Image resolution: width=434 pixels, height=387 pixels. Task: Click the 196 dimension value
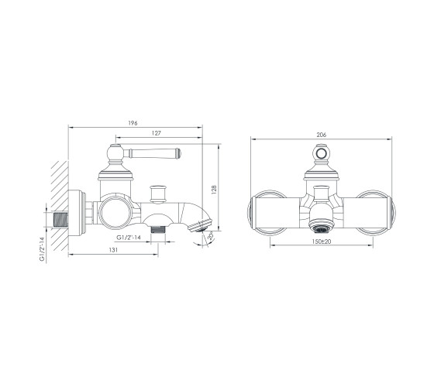coord(133,123)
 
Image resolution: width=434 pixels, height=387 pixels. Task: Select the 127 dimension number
coord(156,133)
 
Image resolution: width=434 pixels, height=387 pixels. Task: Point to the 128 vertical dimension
coord(214,190)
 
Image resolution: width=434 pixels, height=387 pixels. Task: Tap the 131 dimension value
coord(113,250)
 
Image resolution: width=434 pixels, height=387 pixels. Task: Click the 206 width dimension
coord(322,135)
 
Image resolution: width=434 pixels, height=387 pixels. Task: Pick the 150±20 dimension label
coord(322,241)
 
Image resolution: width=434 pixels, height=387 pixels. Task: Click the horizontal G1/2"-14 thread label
coord(129,238)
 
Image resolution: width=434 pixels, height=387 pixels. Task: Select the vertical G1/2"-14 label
coord(42,248)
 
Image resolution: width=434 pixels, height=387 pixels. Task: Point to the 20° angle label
coord(210,236)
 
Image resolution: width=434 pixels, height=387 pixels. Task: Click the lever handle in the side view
coord(152,153)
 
